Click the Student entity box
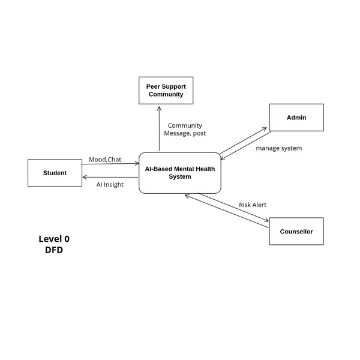(x=55, y=173)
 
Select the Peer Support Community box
(x=166, y=91)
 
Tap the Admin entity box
(x=296, y=118)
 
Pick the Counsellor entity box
(x=296, y=231)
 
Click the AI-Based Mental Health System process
(x=180, y=173)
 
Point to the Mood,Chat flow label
(x=105, y=159)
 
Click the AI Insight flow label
(x=110, y=185)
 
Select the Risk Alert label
(x=253, y=205)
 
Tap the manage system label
(x=279, y=148)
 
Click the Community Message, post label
(x=185, y=129)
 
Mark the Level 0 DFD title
(x=54, y=244)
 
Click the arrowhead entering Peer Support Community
(x=160, y=108)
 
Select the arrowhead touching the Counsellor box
(x=267, y=221)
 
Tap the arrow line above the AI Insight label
(x=111, y=177)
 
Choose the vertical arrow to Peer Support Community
(x=160, y=129)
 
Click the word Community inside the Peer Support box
(x=166, y=94)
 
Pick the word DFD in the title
(x=54, y=250)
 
